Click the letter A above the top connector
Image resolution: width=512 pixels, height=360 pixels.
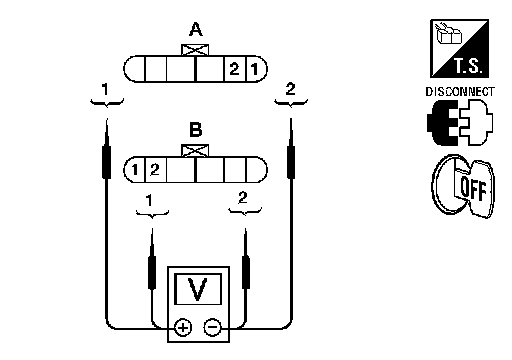coord(196,29)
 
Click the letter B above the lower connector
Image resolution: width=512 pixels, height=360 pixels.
coord(196,130)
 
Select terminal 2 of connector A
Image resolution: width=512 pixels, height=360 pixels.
coord(235,69)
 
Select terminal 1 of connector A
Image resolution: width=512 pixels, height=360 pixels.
coord(255,69)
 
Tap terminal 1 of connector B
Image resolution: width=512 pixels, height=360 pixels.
coord(135,170)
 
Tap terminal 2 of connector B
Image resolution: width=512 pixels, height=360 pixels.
coord(155,170)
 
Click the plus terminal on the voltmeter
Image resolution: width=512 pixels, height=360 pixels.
coord(183,327)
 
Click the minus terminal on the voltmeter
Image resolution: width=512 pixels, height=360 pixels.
coord(212,327)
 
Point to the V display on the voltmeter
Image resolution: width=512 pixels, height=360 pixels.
coord(198,289)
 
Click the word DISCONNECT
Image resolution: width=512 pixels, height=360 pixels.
coord(460,92)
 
